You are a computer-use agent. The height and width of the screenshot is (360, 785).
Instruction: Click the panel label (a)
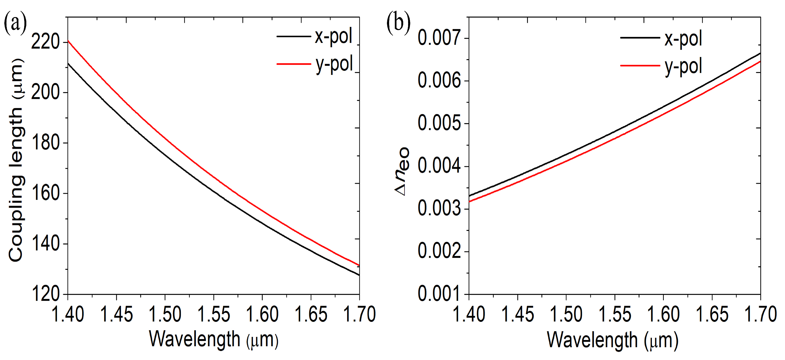click(x=15, y=24)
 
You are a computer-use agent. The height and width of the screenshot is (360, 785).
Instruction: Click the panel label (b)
click(x=398, y=24)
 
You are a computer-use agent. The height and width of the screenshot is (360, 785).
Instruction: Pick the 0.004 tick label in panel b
click(x=439, y=166)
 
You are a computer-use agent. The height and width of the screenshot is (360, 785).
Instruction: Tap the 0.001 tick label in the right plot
click(x=439, y=294)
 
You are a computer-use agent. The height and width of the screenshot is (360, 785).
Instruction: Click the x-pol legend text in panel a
click(x=333, y=36)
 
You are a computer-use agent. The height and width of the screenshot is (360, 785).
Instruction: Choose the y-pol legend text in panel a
click(x=334, y=64)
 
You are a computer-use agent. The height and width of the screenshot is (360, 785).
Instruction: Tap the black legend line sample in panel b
click(x=640, y=37)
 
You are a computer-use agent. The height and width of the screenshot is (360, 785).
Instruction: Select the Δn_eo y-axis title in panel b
click(x=402, y=172)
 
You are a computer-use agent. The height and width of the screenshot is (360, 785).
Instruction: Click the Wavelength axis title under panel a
click(x=214, y=340)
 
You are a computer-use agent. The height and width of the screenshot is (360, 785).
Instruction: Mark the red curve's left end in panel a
click(x=68, y=40)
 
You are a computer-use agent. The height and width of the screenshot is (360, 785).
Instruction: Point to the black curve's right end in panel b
click(x=760, y=53)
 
